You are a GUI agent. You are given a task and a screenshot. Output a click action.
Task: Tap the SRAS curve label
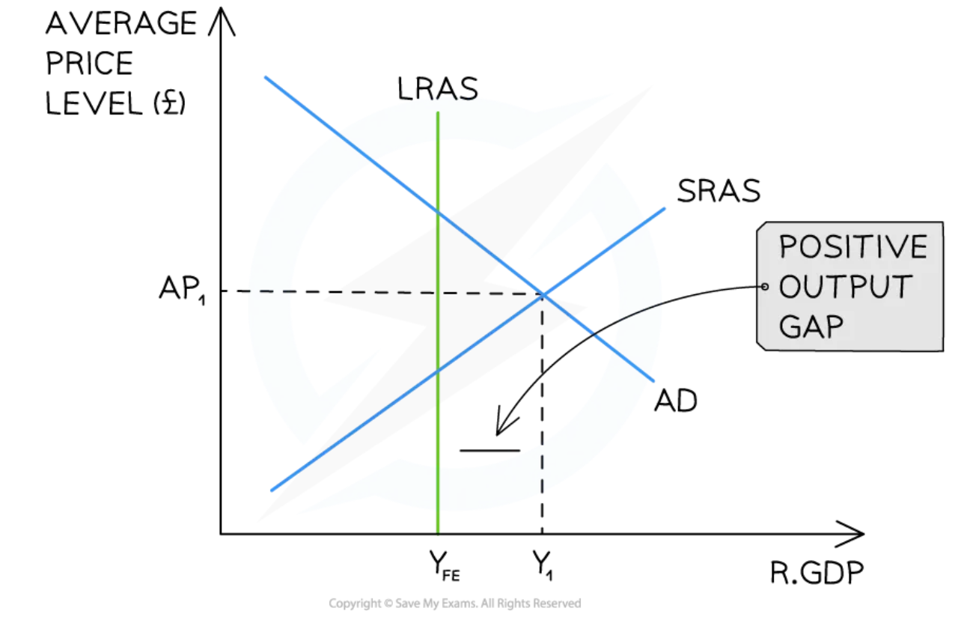pos(719,192)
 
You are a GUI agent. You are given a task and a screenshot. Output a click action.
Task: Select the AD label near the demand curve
pos(675,401)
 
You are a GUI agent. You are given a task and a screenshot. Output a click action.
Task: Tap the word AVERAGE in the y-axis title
pos(121,25)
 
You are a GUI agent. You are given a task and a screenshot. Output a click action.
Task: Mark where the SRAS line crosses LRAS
pos(437,370)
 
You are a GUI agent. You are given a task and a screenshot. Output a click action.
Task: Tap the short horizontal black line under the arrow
pos(489,450)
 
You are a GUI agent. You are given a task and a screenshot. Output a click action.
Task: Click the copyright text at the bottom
pos(454,603)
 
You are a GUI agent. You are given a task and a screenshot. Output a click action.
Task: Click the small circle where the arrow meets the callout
pos(764,286)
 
